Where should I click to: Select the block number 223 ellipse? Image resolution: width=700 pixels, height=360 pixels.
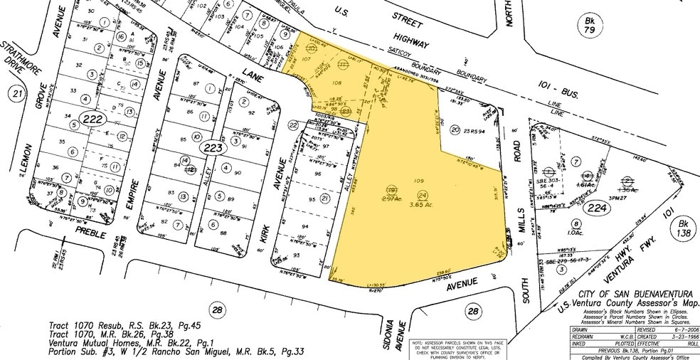pyautogui.click(x=213, y=149)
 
